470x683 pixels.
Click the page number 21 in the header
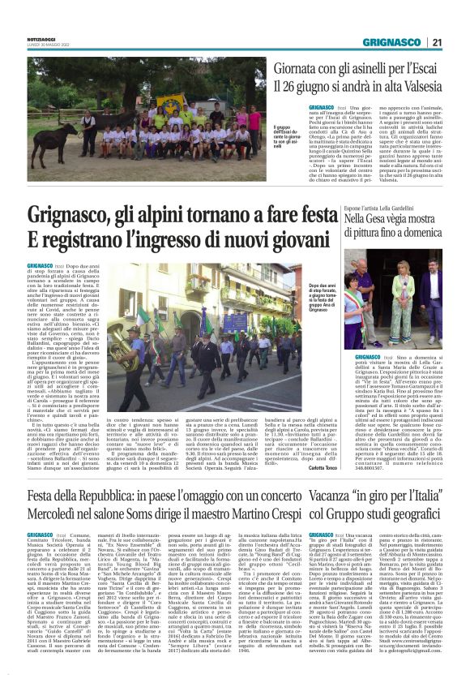click(437, 41)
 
